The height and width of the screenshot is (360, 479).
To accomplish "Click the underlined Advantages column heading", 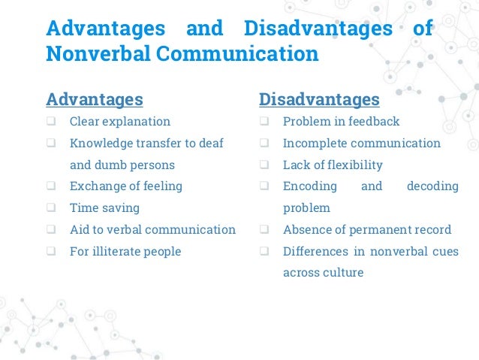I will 95,99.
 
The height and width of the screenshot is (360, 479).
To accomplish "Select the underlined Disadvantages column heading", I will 319,99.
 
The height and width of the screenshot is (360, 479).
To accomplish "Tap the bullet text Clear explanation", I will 120,121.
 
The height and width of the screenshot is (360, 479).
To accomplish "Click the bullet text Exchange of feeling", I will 126,186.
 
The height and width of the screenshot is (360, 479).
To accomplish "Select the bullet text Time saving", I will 104,207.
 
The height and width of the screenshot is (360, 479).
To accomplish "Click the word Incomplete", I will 314,143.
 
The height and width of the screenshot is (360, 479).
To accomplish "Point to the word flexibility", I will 352,165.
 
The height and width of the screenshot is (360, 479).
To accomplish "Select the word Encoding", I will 309,186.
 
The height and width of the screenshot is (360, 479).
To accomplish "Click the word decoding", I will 432,186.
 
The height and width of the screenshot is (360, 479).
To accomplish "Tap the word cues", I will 443,251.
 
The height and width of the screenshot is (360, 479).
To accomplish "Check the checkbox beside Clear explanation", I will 51,122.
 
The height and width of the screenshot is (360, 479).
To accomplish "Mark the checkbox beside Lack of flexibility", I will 264,165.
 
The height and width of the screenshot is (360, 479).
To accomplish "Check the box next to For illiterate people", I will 51,252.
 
